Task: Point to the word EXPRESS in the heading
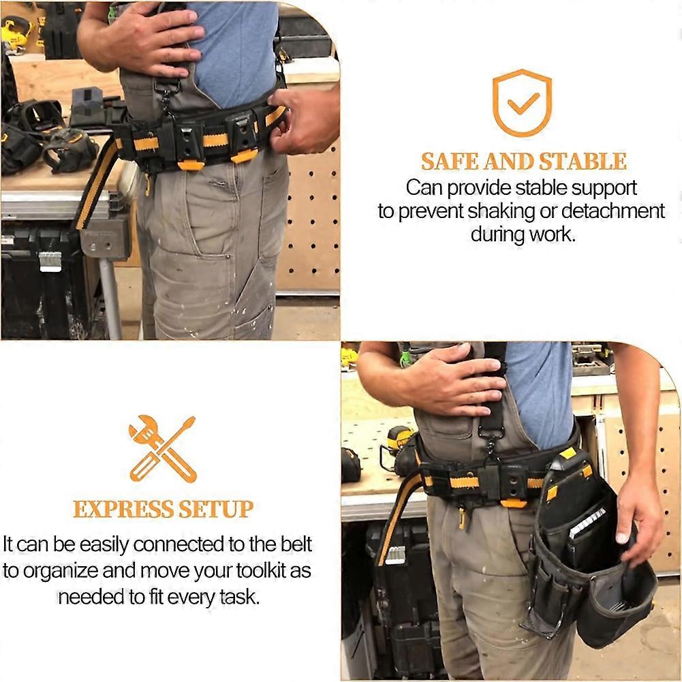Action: [122, 509]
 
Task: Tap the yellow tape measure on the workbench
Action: [399, 439]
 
